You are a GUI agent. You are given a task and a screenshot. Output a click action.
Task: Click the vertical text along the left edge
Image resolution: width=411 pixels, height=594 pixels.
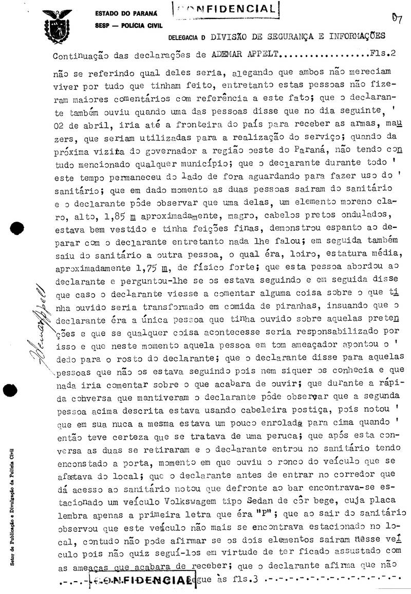12,507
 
